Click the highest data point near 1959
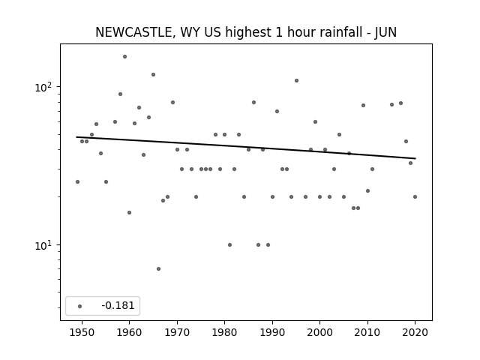[124, 57]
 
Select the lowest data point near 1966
[158, 268]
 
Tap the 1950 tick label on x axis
[82, 332]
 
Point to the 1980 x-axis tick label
[224, 332]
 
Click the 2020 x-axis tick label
[415, 332]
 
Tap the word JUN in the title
[385, 32]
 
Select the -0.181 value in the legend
[118, 305]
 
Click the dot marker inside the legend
[79, 306]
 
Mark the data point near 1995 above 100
[296, 81]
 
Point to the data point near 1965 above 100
[153, 75]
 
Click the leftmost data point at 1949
[77, 181]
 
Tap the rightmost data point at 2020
[415, 196]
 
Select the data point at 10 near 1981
[229, 245]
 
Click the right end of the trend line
[415, 158]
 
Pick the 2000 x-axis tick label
[319, 332]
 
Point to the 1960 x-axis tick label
[129, 332]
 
